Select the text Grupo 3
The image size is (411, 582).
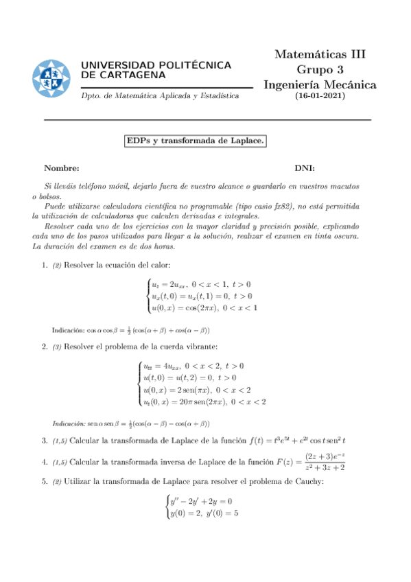coord(320,69)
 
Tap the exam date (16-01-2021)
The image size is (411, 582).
coord(320,96)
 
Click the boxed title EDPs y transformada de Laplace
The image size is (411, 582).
coord(195,141)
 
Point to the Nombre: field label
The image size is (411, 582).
coord(61,167)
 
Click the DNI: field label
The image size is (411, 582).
coord(305,167)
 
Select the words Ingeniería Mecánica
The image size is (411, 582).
coord(320,84)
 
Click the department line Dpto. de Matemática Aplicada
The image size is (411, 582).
coord(160,96)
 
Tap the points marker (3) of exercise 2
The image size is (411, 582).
coord(57,347)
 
